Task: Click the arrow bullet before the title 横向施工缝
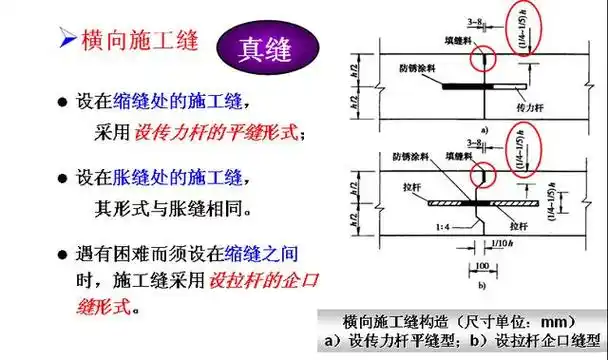pyautogui.click(x=64, y=41)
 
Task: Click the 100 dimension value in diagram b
pyautogui.click(x=482, y=267)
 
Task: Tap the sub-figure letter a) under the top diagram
pyautogui.click(x=484, y=130)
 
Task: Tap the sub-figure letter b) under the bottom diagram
pyautogui.click(x=483, y=286)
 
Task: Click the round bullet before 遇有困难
pyautogui.click(x=62, y=254)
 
